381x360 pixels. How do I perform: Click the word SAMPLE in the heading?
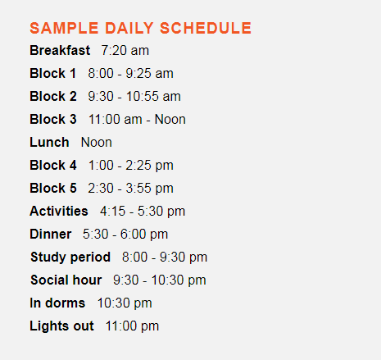(x=64, y=28)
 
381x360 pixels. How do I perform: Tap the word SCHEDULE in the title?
(x=206, y=28)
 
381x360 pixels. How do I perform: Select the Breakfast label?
(x=60, y=50)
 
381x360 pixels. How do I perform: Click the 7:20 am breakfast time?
(x=125, y=50)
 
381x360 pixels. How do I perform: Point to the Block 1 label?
(x=52, y=73)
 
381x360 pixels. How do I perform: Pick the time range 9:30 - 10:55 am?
(x=134, y=96)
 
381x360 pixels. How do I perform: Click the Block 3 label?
(x=53, y=119)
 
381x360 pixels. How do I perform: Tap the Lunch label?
(x=49, y=142)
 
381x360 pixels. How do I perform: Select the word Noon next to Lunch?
(x=97, y=142)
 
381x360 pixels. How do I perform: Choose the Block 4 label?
(x=53, y=165)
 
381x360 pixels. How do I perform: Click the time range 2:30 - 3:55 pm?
(x=130, y=189)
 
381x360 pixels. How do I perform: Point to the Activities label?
(x=59, y=211)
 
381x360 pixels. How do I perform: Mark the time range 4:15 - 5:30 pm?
(x=143, y=212)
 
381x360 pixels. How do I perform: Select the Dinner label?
(x=51, y=234)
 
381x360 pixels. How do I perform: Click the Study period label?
(x=70, y=257)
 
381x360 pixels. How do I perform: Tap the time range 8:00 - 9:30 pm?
(x=165, y=257)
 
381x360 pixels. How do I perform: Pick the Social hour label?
(x=66, y=280)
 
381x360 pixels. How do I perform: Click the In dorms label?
(x=57, y=303)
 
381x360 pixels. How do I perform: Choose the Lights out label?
(x=61, y=326)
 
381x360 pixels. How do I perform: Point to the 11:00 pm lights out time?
(x=132, y=326)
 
